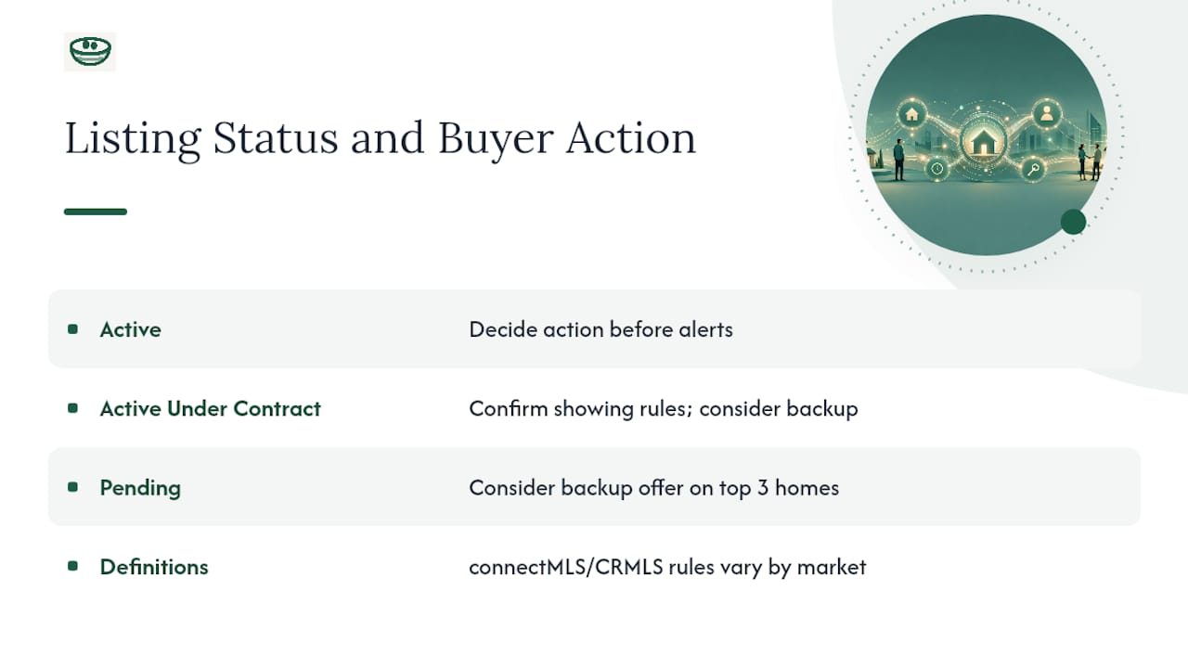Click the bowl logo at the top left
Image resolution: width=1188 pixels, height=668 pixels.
click(90, 51)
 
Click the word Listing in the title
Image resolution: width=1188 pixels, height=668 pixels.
click(133, 139)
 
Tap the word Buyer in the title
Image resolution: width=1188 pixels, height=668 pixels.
click(496, 139)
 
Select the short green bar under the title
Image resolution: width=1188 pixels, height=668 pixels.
click(96, 212)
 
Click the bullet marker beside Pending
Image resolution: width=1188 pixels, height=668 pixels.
click(72, 487)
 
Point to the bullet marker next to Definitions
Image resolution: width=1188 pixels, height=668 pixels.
click(72, 566)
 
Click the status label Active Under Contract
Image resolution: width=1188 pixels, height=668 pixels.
click(211, 409)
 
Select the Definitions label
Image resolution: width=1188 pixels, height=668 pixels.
click(154, 567)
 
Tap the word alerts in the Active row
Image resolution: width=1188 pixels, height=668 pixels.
click(706, 329)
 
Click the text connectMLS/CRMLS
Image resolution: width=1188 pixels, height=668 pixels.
click(566, 567)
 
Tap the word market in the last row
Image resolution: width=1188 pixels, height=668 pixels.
click(832, 567)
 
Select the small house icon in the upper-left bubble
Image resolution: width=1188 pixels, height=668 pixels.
click(911, 114)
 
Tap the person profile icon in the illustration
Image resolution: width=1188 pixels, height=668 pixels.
click(1046, 113)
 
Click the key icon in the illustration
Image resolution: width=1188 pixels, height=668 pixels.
click(1033, 170)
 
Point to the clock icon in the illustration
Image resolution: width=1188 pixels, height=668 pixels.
click(937, 169)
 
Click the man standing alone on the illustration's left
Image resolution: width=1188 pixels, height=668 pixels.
click(899, 160)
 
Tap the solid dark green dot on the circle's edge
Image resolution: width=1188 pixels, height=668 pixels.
click(1074, 222)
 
